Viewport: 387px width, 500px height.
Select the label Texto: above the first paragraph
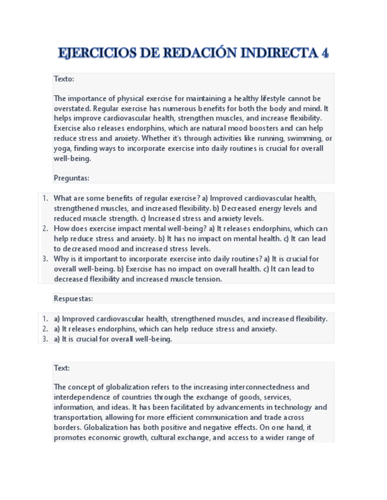64,79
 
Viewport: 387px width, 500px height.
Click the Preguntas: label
71,178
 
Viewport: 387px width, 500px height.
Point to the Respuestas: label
73,298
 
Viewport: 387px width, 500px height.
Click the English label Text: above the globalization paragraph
61,368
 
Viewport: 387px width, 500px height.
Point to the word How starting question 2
62,229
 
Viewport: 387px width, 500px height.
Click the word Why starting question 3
62,259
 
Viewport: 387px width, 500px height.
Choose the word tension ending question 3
207,279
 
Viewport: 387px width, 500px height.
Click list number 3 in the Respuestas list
45,339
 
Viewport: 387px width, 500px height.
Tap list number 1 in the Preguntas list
45,199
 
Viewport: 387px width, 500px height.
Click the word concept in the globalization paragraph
83,387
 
